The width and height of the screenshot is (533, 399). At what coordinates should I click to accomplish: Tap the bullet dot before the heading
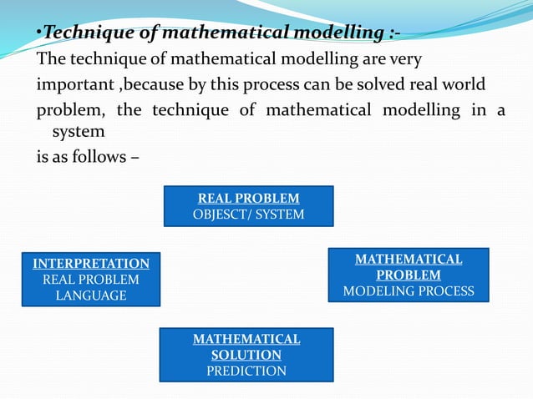tap(38, 34)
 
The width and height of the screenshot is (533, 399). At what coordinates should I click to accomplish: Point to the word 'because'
tap(147, 86)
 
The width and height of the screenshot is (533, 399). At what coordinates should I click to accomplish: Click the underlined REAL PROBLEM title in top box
tap(248, 199)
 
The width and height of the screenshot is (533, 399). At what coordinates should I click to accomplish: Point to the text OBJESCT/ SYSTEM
tap(248, 215)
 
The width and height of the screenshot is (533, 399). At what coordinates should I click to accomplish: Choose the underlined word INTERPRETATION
tap(91, 264)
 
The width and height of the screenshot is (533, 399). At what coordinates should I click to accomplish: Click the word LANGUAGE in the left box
tap(91, 295)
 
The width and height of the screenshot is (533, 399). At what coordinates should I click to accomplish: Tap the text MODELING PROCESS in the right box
tap(409, 291)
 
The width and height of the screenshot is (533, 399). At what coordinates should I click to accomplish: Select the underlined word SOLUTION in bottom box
tap(246, 355)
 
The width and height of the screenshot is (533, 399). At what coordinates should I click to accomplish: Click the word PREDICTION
tap(246, 371)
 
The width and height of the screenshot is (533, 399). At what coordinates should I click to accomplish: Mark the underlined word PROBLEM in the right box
tap(409, 275)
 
